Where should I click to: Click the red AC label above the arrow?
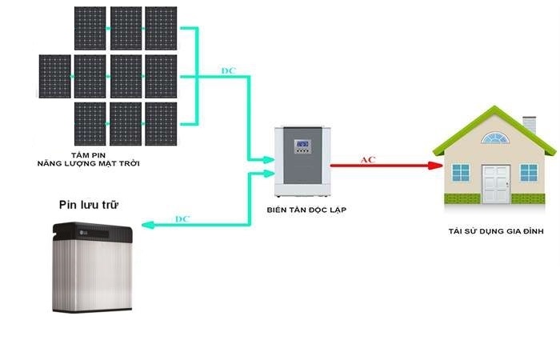pos(368,160)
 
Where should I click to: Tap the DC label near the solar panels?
pos(228,71)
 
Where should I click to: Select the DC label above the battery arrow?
pos(182,218)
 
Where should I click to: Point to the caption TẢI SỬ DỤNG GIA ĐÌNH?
pos(496,230)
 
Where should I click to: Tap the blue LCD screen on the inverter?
pos(302,146)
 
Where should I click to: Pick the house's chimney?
pos(529,126)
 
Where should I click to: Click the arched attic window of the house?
pos(494,138)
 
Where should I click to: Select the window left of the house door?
pos(461,172)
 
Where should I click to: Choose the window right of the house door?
pos(529,172)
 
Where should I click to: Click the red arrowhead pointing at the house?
pos(436,166)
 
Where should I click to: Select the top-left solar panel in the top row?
pos(90,28)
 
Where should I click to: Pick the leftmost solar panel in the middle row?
pos(54,76)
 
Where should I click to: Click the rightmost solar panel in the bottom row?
pos(162,122)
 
